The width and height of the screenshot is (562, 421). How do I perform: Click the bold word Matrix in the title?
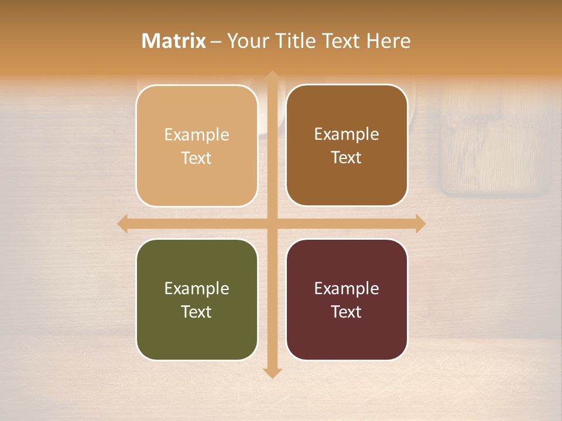[174, 41]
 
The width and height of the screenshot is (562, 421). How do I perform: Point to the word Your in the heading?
[246, 41]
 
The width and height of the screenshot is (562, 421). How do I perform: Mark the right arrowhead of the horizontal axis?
[420, 223]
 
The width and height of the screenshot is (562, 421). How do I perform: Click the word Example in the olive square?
[197, 288]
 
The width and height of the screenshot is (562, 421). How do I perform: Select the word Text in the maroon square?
[347, 312]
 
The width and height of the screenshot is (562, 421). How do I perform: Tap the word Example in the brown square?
[347, 134]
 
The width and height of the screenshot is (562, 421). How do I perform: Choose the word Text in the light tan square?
[197, 158]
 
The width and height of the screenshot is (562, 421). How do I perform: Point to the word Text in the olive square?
[197, 312]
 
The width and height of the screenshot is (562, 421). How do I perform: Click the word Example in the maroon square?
[347, 288]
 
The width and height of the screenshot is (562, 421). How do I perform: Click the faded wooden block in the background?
[495, 140]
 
